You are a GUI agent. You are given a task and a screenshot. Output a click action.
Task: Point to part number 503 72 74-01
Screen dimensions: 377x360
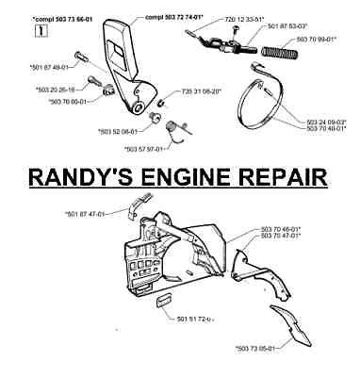pyautogui.click(x=156, y=15)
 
